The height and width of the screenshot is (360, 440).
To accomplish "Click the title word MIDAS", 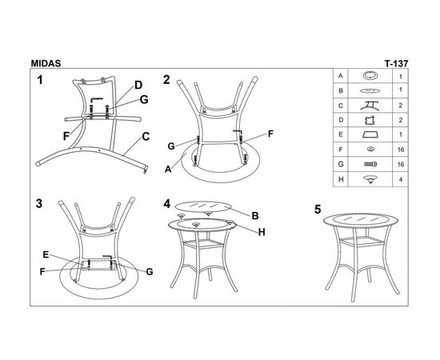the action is [46, 63].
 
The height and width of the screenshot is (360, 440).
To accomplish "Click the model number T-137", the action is [396, 64].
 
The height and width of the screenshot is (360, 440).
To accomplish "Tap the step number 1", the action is [40, 80].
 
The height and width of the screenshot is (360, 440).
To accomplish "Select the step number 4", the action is [167, 204].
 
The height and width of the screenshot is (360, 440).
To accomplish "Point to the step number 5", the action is [318, 210].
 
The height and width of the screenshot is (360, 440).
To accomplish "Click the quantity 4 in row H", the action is [401, 179].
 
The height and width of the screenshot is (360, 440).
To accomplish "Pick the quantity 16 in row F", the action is [401, 150].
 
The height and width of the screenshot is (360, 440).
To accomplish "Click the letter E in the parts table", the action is [341, 134].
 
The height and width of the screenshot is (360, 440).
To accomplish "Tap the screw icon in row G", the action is [370, 164].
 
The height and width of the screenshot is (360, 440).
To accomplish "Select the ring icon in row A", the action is [370, 75].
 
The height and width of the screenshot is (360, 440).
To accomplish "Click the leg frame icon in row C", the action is [370, 106].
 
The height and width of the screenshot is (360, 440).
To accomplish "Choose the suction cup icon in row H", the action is [370, 179].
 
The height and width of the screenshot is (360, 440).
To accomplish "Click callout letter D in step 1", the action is [138, 85].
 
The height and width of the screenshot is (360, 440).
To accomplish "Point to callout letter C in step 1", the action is [146, 137].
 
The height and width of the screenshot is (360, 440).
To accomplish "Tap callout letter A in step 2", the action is [168, 169].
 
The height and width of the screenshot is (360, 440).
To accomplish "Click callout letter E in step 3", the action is [46, 254].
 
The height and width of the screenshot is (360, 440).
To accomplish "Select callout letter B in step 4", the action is [255, 216].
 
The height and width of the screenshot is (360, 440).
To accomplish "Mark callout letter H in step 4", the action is [262, 232].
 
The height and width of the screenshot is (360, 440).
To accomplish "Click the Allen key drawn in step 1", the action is [96, 100].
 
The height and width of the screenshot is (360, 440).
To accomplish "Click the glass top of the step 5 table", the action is [361, 220].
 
